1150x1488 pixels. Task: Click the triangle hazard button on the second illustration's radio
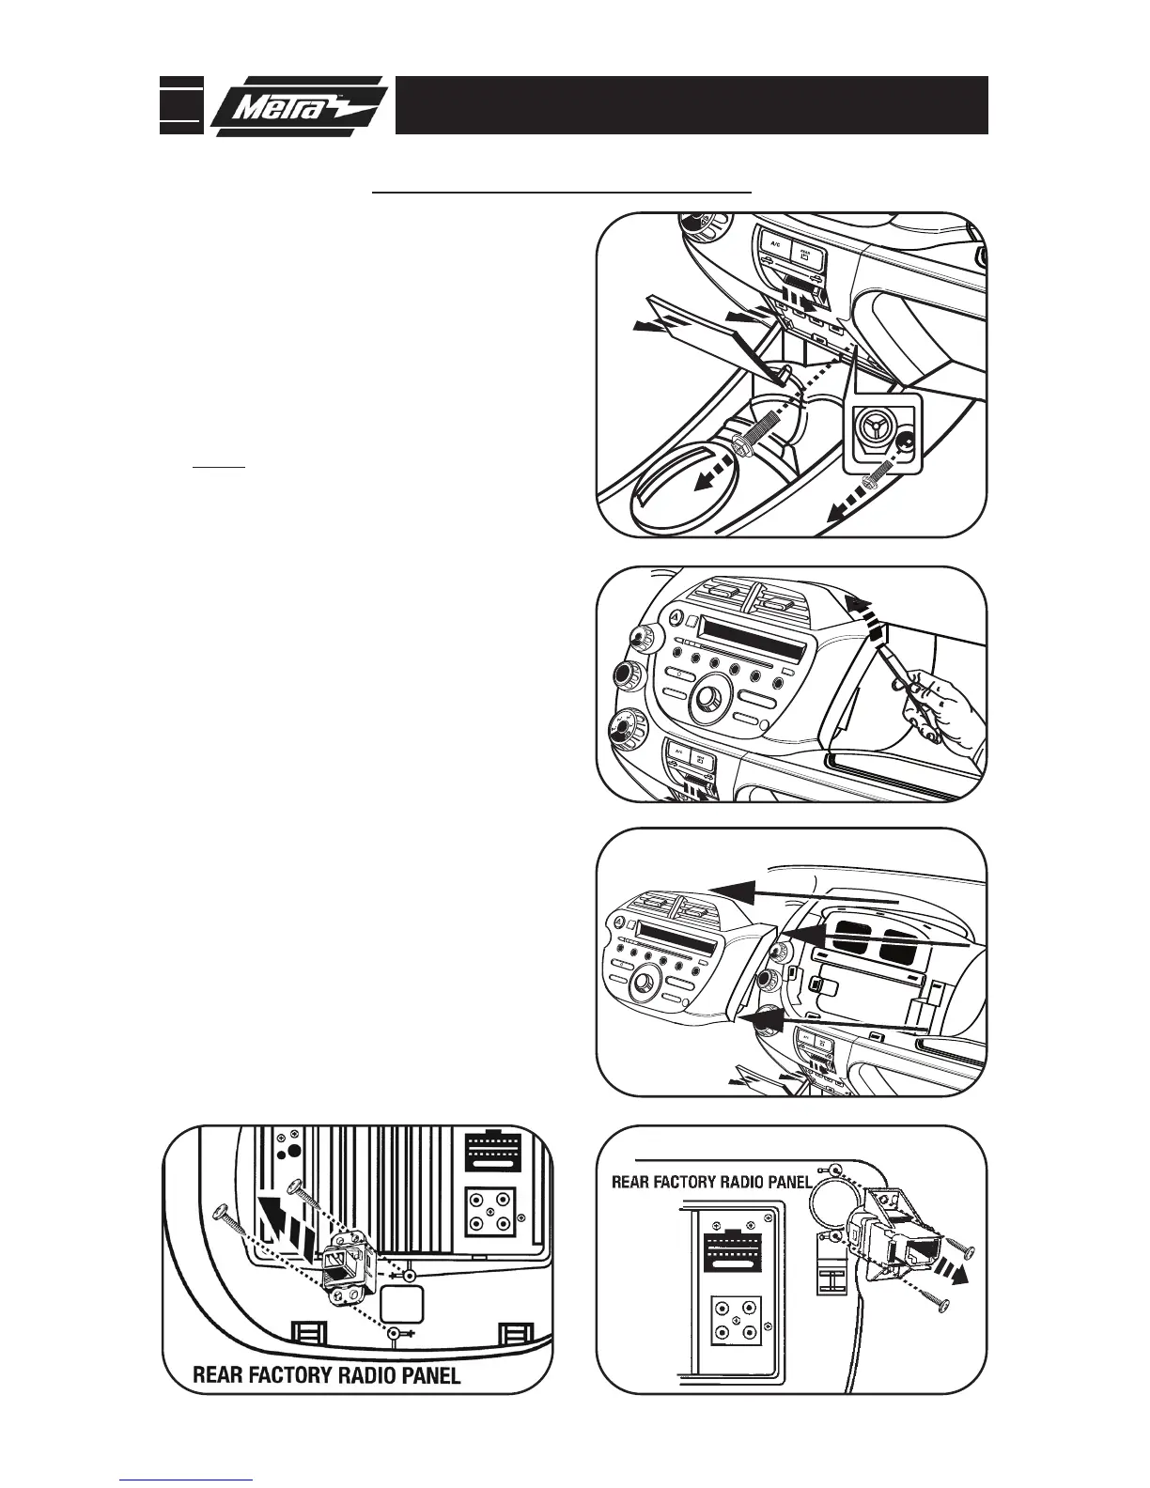(675, 617)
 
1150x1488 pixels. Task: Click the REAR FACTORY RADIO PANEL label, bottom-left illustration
(326, 1376)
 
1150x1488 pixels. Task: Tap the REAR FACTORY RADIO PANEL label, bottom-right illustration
(711, 1182)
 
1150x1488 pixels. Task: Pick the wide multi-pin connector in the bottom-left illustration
(490, 1152)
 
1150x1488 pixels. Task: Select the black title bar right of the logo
(691, 105)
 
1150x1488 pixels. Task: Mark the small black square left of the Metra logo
(180, 104)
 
